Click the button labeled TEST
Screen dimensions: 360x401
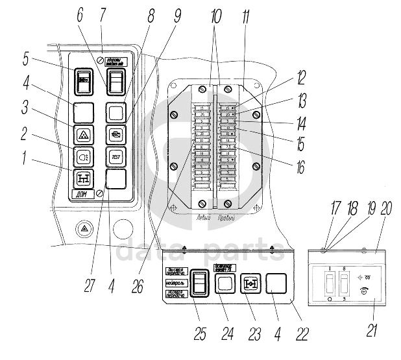(x=115, y=156)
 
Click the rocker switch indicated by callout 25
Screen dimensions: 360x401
(x=201, y=283)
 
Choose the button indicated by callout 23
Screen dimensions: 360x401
(x=250, y=283)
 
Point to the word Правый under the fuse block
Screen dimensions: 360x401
(x=227, y=217)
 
